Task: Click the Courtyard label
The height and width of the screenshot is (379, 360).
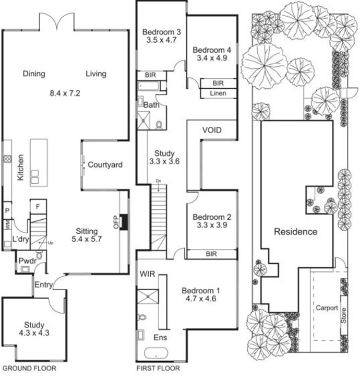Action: tap(105, 165)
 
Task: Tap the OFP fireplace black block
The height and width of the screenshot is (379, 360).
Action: tap(124, 222)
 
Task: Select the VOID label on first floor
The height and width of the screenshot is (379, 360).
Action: tap(212, 131)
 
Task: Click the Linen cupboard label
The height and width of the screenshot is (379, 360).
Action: tap(218, 93)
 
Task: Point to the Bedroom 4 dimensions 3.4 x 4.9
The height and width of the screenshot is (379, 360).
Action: tap(212, 58)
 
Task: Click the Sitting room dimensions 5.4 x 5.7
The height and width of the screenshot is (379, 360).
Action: tap(87, 239)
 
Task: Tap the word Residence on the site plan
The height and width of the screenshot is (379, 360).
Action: tap(295, 232)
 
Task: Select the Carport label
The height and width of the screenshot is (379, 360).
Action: tap(327, 308)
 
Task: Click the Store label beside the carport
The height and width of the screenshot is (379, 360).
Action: tap(344, 316)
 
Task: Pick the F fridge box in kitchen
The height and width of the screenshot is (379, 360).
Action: tap(38, 206)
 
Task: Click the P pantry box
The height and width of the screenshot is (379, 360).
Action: tap(7, 210)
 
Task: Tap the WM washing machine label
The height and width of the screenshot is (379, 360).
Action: tap(7, 225)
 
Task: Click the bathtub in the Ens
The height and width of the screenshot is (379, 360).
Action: tap(156, 353)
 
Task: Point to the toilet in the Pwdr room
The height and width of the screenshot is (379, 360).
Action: tap(39, 255)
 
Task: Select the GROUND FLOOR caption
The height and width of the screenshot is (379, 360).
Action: tap(29, 369)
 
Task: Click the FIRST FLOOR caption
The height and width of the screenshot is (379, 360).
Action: tap(158, 369)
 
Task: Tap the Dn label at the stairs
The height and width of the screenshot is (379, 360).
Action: tap(159, 181)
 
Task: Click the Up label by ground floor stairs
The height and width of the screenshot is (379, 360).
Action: tap(50, 243)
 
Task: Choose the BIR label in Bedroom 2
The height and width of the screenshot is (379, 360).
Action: tap(211, 254)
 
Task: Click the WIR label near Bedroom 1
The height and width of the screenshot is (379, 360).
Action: tap(147, 274)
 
